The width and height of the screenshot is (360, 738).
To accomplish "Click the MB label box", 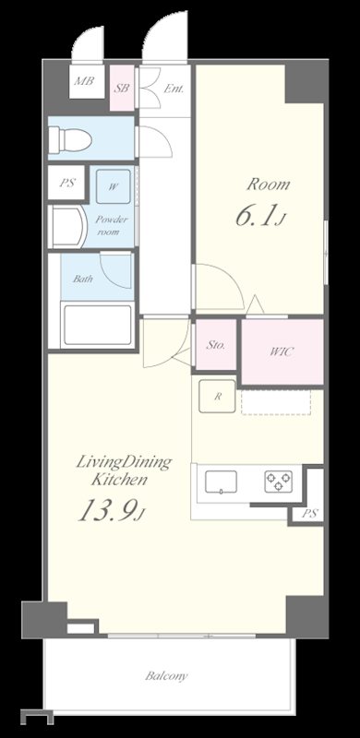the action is pyautogui.click(x=87, y=81).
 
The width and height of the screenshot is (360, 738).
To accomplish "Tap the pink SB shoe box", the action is pyautogui.click(x=122, y=88).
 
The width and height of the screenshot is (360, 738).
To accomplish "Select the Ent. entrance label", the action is pyautogui.click(x=174, y=89).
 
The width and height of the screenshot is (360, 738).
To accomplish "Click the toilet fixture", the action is pyautogui.click(x=71, y=137).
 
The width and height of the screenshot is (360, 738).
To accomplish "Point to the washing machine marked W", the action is pyautogui.click(x=114, y=187).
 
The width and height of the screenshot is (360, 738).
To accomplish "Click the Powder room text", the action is pyautogui.click(x=111, y=225).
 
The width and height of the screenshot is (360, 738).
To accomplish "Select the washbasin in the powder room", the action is pyautogui.click(x=68, y=227).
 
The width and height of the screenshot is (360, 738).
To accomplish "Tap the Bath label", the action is pyautogui.click(x=82, y=279).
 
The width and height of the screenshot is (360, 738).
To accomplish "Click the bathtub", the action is pyautogui.click(x=98, y=326).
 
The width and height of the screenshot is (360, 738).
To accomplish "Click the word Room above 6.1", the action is pyautogui.click(x=269, y=184).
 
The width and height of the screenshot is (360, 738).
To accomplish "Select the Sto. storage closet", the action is pyautogui.click(x=216, y=345).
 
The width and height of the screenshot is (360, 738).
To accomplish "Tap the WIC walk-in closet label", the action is pyautogui.click(x=282, y=351).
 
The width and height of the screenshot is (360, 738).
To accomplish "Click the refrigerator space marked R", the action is pyautogui.click(x=217, y=397).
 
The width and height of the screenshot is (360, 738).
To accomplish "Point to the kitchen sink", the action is pyautogui.click(x=221, y=482).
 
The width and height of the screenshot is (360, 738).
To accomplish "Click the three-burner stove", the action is pyautogui.click(x=279, y=482).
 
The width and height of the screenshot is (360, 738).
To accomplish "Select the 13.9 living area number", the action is pyautogui.click(x=109, y=510).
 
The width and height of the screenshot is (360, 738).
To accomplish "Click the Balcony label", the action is pyautogui.click(x=166, y=677).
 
